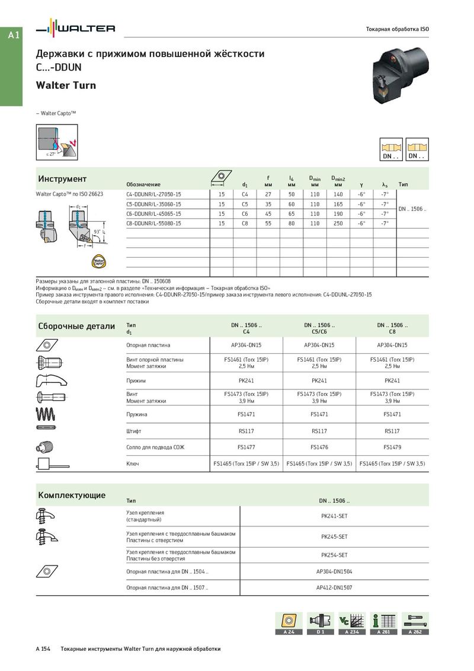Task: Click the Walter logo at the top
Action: point(76,28)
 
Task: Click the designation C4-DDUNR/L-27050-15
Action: point(154,194)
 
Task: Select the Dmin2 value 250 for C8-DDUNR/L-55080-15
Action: point(338,223)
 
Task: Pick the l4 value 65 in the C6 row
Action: point(292,213)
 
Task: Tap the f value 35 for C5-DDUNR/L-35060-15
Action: point(268,204)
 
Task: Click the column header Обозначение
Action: point(143,184)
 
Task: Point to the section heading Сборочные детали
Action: point(76,326)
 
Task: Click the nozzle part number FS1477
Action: point(246,447)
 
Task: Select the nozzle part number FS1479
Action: point(392,447)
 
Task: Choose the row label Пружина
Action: point(137,414)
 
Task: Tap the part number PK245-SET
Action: point(334,536)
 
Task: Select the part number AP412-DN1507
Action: point(334,587)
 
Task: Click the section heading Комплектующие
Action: point(72,495)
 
